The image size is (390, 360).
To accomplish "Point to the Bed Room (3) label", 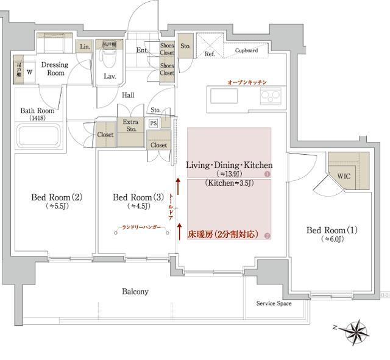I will (x=138, y=197).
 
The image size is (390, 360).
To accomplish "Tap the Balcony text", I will (x=135, y=292).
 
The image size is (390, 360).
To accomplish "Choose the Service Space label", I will (x=273, y=303).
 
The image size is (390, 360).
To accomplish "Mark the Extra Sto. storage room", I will (x=130, y=125).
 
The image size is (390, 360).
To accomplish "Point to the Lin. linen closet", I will (x=83, y=47).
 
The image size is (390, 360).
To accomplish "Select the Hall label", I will (x=128, y=95).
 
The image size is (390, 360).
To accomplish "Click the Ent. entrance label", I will (x=142, y=51).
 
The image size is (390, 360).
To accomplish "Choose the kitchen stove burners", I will (x=271, y=96).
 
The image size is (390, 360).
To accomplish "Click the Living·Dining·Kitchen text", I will (x=229, y=165).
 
